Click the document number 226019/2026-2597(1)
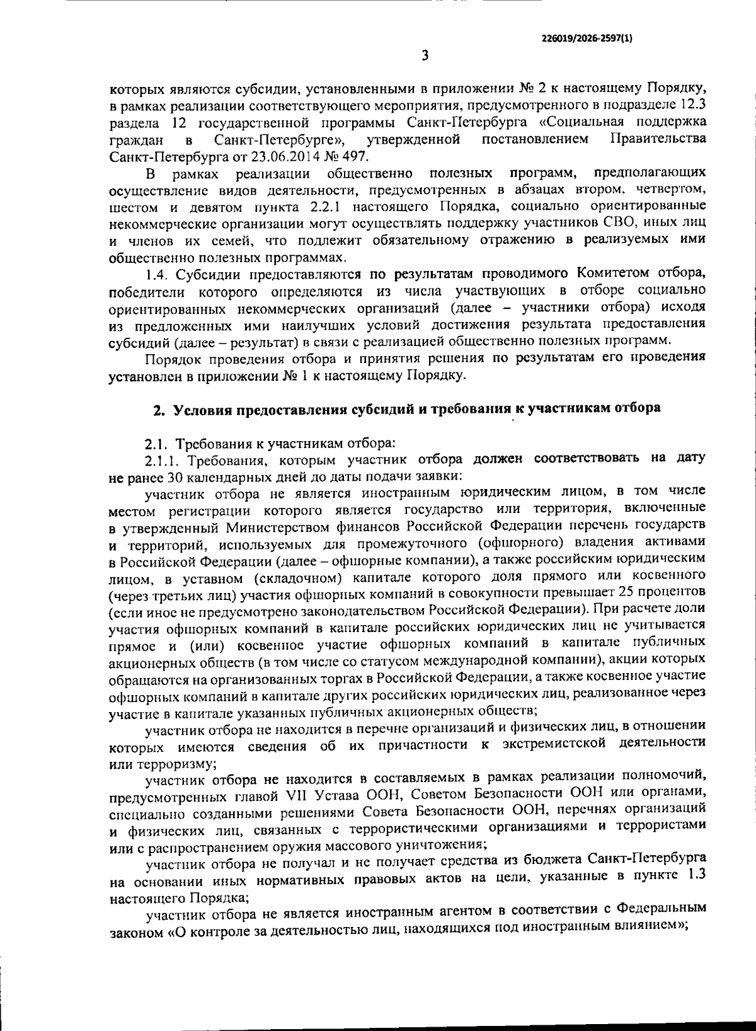click(587, 38)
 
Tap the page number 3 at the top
click(425, 56)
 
